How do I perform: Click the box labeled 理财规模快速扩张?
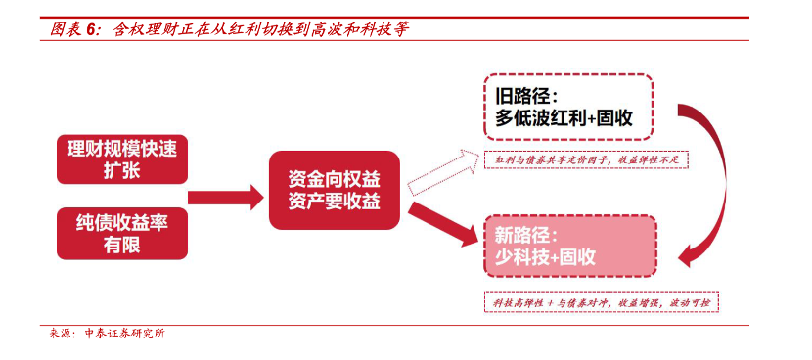tap(121, 157)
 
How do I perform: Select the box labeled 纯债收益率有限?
tap(121, 233)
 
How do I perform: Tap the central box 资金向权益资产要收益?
tap(335, 192)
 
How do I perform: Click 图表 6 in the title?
tap(75, 29)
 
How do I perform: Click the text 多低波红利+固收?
tap(564, 120)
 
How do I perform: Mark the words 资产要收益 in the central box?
tap(335, 202)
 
